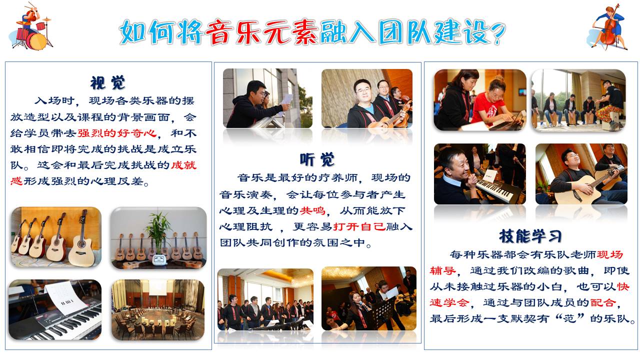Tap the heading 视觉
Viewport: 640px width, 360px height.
click(107, 83)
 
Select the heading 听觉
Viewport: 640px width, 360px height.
click(317, 159)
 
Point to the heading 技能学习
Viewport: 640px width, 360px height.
click(530, 236)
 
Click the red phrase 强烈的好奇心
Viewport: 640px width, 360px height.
click(117, 133)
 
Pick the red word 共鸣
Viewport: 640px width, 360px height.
click(312, 211)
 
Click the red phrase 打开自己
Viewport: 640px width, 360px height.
click(359, 227)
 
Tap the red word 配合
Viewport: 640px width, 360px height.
click(603, 302)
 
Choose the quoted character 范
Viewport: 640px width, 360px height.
click(569, 318)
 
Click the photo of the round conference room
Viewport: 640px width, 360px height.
click(158, 310)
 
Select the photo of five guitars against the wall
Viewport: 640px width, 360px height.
click(56, 237)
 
